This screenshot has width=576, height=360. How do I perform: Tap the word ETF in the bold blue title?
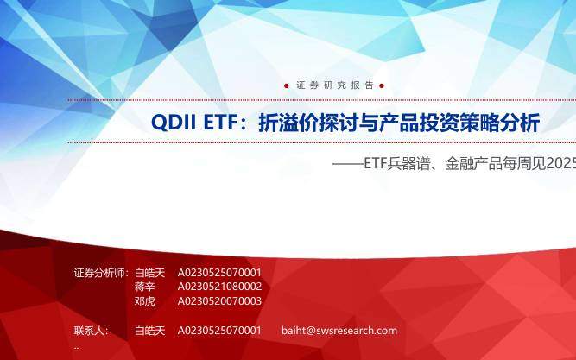(222, 123)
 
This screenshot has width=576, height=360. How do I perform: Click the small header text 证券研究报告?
(335, 85)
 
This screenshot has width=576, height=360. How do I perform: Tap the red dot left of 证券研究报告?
(287, 85)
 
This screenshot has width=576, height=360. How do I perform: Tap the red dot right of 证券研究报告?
(382, 85)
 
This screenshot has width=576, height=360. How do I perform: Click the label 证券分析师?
(100, 273)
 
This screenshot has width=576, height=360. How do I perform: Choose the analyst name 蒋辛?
(145, 287)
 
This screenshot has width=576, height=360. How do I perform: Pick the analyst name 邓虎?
(145, 300)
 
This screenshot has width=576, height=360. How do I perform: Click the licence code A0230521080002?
(219, 287)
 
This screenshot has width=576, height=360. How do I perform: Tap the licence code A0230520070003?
(219, 300)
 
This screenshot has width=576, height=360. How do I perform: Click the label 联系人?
(91, 331)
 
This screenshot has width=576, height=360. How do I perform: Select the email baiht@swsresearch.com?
(339, 331)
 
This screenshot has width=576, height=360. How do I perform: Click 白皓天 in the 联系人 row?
(150, 331)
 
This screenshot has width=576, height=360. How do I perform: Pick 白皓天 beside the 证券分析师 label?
(150, 273)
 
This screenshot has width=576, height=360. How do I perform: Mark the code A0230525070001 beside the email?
(219, 331)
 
